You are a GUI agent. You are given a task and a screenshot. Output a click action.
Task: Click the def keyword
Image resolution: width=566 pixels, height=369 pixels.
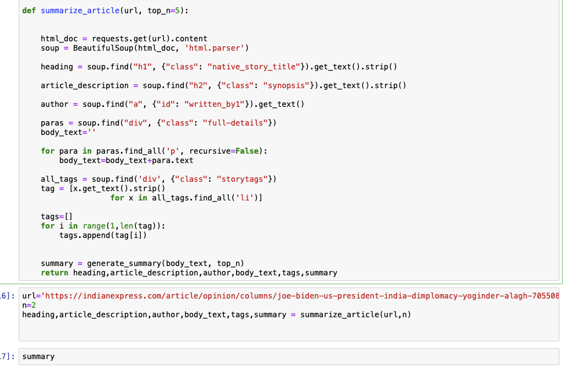point(29,11)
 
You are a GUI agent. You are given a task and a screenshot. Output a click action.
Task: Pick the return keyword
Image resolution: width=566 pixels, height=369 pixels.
point(54,273)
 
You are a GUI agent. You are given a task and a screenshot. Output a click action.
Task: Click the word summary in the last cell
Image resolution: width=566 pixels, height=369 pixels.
point(39,356)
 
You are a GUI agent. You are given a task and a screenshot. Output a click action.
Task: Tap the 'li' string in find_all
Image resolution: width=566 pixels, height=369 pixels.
point(242,198)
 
